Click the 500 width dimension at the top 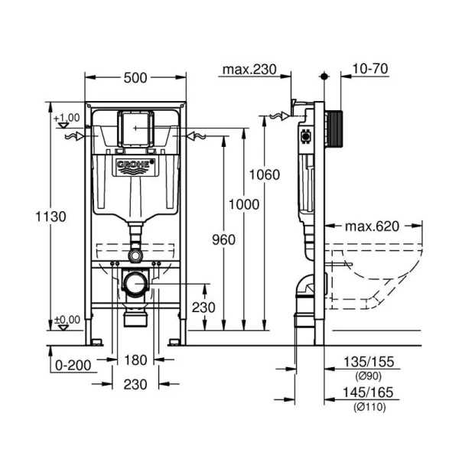click(x=135, y=77)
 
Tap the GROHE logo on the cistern click(x=135, y=168)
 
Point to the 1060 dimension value click(x=265, y=174)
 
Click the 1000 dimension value click(x=243, y=204)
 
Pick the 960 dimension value click(x=223, y=240)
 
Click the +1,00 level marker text click(x=67, y=117)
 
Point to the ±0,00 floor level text click(x=67, y=319)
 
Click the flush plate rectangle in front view click(x=136, y=128)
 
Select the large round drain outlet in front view click(x=136, y=284)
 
